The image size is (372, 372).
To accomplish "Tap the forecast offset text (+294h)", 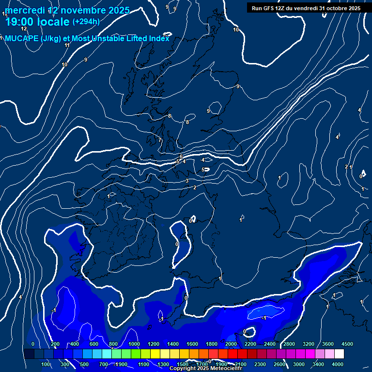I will coord(86,22).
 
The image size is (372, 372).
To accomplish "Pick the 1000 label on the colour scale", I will coord(134,344).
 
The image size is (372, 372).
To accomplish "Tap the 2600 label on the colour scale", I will coord(279,364).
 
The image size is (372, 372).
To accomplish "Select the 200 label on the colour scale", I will coord(55,344).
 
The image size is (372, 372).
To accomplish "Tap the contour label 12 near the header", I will coord(24,29).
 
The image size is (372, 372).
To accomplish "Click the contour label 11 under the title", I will coord(67,45).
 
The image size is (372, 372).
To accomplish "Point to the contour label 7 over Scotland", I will coord(160,140).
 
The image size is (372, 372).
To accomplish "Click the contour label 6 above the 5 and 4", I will coord(181,156).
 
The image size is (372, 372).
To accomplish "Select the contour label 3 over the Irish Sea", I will coord(186,181).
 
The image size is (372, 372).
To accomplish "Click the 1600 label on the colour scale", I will coord(192,344).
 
